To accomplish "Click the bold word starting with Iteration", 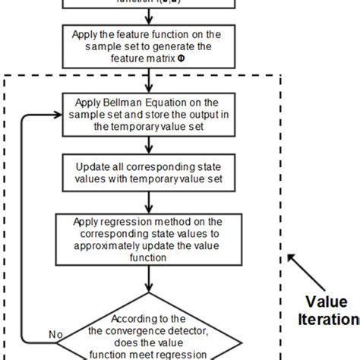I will point(330,320).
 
